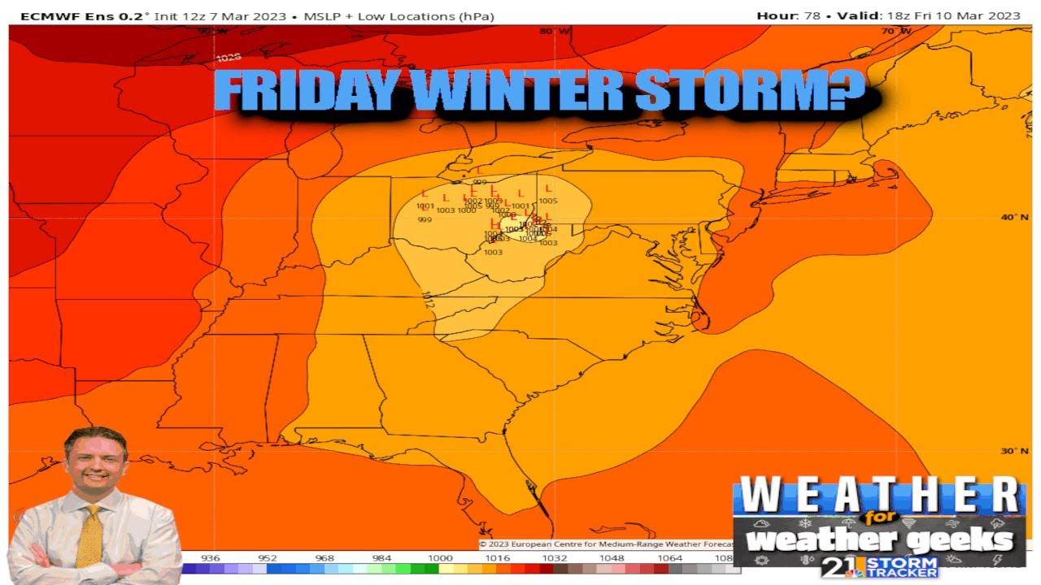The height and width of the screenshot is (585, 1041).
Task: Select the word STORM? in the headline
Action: [x=751, y=91]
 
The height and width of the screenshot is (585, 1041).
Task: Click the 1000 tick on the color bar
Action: [x=440, y=558]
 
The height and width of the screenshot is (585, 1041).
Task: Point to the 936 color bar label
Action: [x=210, y=558]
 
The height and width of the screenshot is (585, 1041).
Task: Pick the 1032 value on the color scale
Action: [x=555, y=558]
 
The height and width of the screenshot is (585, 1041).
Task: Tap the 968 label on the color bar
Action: [x=324, y=558]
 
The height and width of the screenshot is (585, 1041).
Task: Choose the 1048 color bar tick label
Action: [x=612, y=558]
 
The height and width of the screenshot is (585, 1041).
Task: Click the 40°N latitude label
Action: [x=1008, y=217]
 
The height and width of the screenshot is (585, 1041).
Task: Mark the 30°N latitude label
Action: [x=1008, y=451]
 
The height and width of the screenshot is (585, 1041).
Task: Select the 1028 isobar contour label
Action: [x=229, y=58]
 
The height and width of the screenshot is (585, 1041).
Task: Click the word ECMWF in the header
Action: [x=41, y=15]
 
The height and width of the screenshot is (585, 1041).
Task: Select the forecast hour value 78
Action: [x=812, y=15]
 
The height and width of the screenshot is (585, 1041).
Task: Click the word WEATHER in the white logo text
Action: [x=879, y=495]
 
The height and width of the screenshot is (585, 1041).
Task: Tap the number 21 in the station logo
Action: [x=838, y=566]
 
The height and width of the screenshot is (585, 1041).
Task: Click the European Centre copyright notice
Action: [x=606, y=544]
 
